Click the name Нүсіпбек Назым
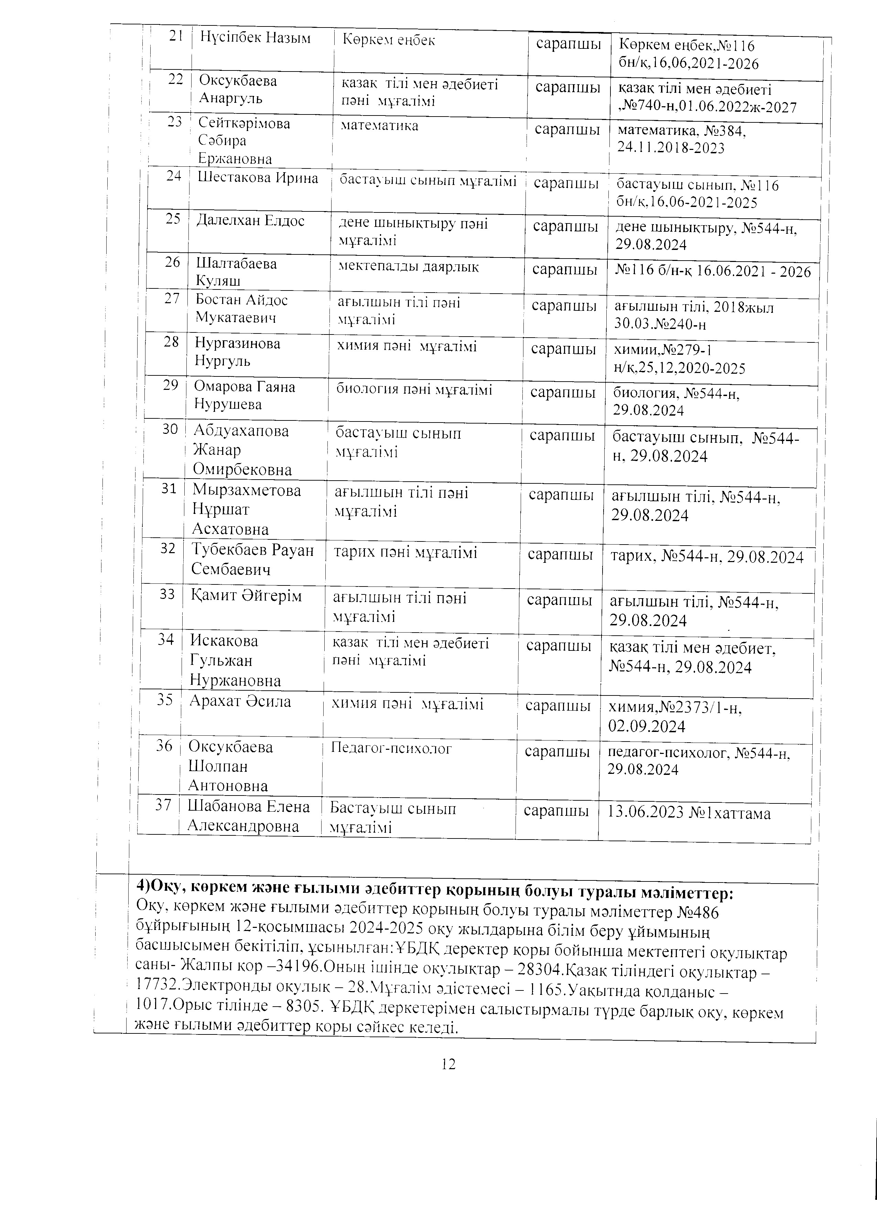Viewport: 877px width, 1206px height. pos(255,38)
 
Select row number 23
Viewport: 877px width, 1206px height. pos(174,122)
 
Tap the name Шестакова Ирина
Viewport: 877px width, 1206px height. pos(257,178)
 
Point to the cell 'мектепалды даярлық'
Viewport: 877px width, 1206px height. pos(409,267)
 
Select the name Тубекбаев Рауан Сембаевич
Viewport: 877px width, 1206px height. pos(252,559)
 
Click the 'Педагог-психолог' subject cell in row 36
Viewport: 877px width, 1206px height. pos(391,749)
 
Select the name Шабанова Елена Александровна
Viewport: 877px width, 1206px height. pos(248,816)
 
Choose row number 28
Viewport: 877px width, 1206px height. pos(171,342)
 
